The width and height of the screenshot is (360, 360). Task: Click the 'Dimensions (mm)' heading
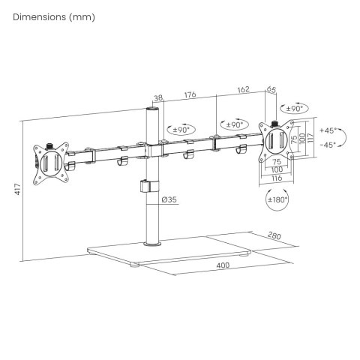pyautogui.click(x=54, y=17)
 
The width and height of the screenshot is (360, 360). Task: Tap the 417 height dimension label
pyautogui.click(x=17, y=189)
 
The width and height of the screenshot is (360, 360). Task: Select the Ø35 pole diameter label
pyautogui.click(x=169, y=199)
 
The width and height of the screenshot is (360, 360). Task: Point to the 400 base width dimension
pyautogui.click(x=223, y=265)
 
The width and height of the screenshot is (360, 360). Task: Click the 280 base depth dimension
pyautogui.click(x=274, y=235)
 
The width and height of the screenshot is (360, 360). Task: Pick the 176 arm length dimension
pyautogui.click(x=190, y=95)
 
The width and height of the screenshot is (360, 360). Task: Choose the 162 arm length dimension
pyautogui.click(x=243, y=89)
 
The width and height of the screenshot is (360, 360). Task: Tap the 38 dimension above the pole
pyautogui.click(x=158, y=98)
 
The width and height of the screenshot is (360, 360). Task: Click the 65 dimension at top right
pyautogui.click(x=271, y=89)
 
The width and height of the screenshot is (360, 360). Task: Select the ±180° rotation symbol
pyautogui.click(x=277, y=199)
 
